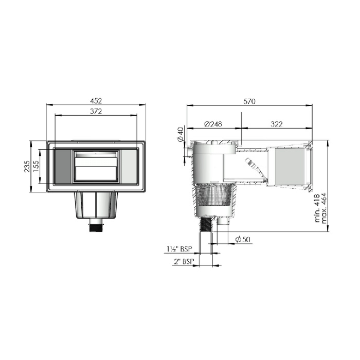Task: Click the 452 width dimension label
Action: pos(96,101)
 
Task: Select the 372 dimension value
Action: pos(96,112)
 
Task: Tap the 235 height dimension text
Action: pos(27,166)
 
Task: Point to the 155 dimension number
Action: pos(36,166)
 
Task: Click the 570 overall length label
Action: pos(249,101)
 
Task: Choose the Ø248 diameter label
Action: pos(213,124)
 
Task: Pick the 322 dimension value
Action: pos(277,124)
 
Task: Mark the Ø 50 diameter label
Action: pos(243,240)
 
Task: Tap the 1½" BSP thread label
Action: pos(179,249)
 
